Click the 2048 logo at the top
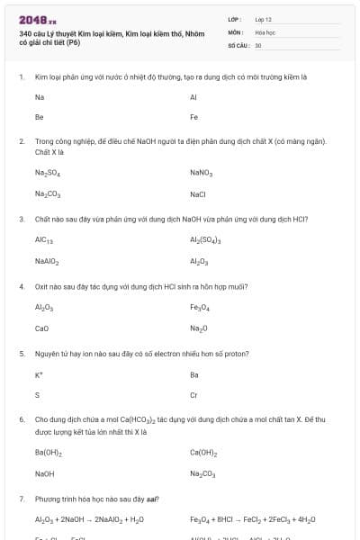tap(37, 19)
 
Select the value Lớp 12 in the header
tap(263, 19)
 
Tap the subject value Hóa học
tap(265, 31)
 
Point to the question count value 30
tap(257, 44)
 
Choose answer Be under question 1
tap(39, 117)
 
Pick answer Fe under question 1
tap(193, 117)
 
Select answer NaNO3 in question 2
tap(201, 173)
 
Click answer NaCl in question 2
tap(198, 193)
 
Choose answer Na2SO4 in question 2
tap(47, 173)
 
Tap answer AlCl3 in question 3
tap(45, 241)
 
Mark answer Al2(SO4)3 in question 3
tap(206, 241)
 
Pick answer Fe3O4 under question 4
tap(200, 308)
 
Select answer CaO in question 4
tap(41, 328)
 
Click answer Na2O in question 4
tap(199, 328)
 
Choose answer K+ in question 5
tap(39, 374)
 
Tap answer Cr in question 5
tap(193, 395)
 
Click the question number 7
tap(21, 498)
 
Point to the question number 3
tap(21, 219)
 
